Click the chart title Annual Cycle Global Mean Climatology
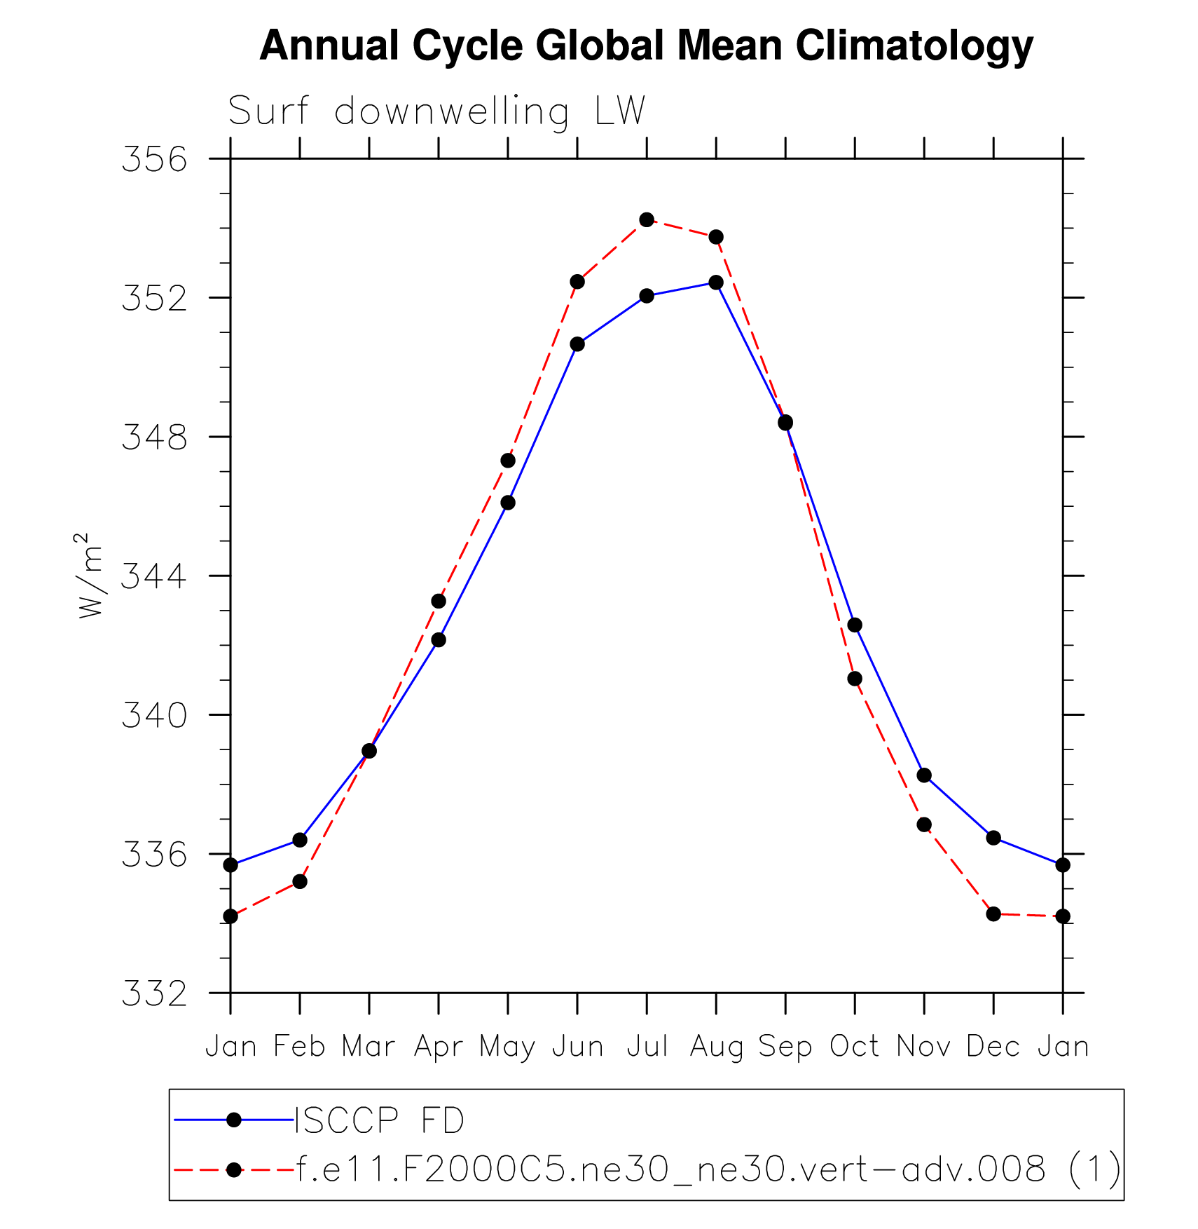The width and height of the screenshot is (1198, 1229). coord(646,46)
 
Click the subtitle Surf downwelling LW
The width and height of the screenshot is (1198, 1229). coord(436,111)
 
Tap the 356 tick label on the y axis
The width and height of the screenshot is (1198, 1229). coord(155,159)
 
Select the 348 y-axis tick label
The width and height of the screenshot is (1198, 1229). coord(155,437)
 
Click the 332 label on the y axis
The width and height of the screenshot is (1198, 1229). coord(155,993)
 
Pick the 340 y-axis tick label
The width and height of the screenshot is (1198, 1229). coord(155,716)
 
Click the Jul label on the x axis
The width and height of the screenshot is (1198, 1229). coord(647,1047)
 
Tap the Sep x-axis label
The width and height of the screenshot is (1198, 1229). coord(785,1047)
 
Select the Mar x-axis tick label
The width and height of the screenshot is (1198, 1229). coord(369,1047)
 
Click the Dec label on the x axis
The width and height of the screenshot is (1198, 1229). coord(993,1047)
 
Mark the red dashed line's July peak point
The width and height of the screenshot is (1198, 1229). coord(647,220)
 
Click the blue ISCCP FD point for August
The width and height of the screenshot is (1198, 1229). coord(716,283)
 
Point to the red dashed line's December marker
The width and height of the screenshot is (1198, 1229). coord(993,914)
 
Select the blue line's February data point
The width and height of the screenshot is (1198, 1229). coord(300,840)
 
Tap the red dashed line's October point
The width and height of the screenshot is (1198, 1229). coord(855,679)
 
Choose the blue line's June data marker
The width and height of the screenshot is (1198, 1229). coord(577,344)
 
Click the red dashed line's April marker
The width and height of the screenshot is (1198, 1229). coord(439,602)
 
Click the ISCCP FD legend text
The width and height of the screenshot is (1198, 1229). coord(380,1120)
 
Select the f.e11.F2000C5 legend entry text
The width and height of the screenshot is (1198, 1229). coord(708,1169)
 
